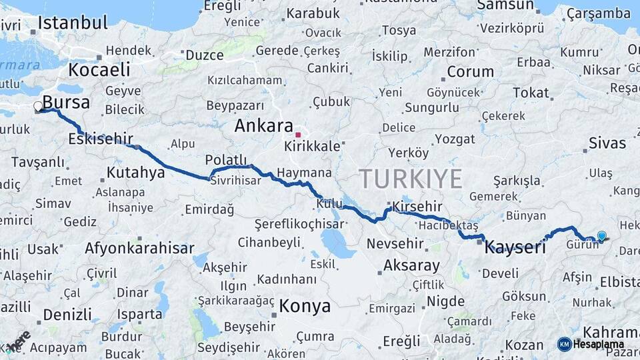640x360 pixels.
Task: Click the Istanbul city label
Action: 72,23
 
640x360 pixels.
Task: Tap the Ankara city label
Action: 263,126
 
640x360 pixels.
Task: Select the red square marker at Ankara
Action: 298,135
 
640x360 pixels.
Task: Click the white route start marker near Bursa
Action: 38,106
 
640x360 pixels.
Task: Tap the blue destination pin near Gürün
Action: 601,236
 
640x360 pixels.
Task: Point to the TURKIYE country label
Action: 410,179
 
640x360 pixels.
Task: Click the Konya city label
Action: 305,306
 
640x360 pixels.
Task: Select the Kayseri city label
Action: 515,247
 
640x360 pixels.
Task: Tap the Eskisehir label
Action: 100,139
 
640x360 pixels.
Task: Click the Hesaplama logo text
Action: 599,344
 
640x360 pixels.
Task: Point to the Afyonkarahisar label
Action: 139,249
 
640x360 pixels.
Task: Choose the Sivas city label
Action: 607,143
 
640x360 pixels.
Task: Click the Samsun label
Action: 507,5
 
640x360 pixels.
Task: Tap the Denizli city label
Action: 67,314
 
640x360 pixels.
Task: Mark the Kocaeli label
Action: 99,69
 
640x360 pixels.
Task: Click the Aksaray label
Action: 411,265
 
